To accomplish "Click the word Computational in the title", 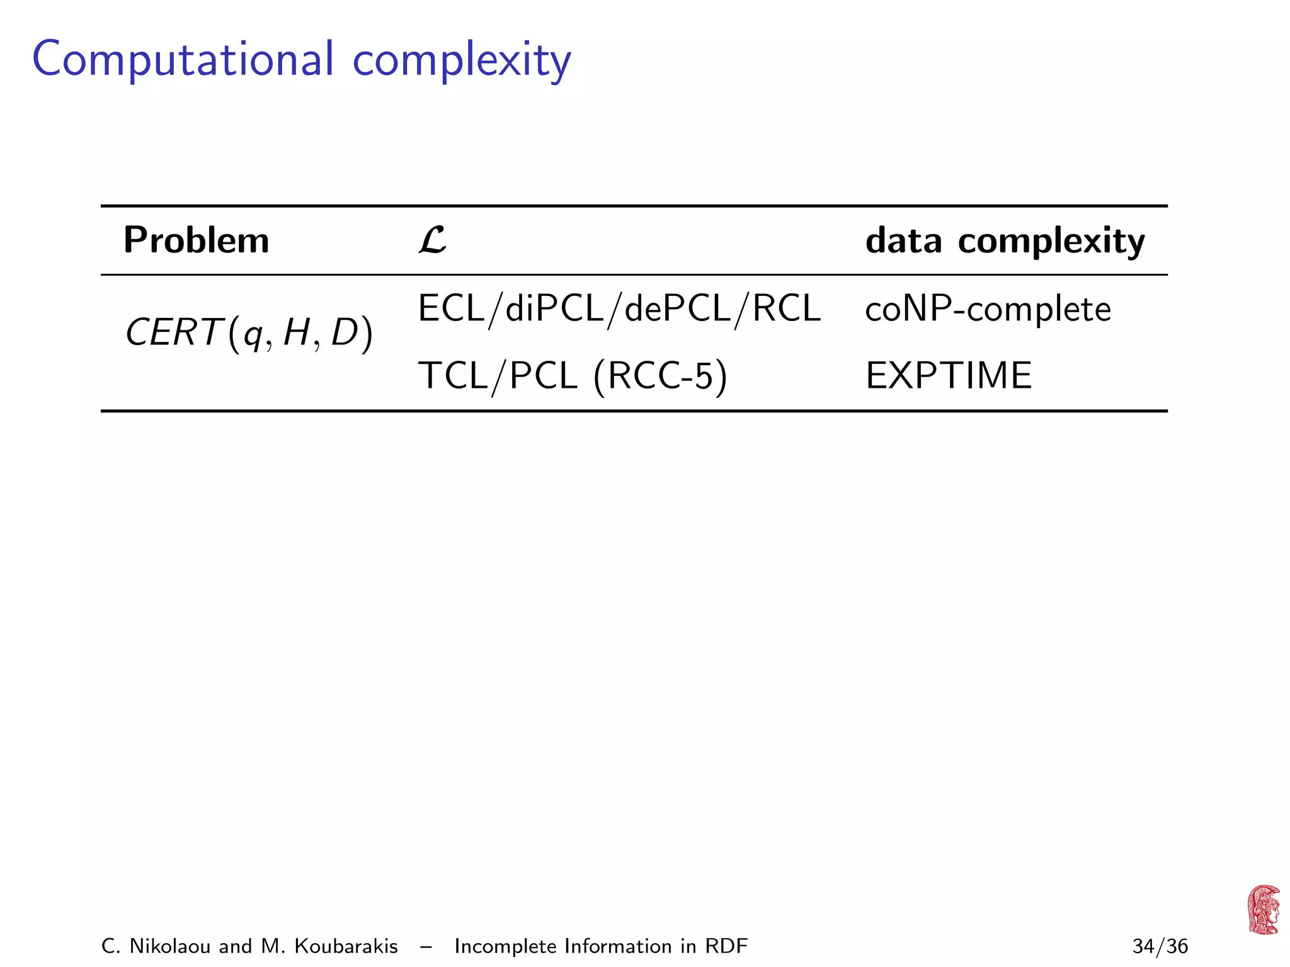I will tap(183, 59).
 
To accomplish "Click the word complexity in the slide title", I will tap(461, 60).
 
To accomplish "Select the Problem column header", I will tap(196, 240).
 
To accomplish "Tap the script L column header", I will tap(432, 240).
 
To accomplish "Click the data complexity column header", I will tap(1005, 240).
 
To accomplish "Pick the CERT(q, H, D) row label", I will tap(249, 333).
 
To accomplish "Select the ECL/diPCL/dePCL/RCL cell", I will tap(619, 308).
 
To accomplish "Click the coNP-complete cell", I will tap(988, 309).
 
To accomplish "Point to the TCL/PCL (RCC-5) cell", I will tap(573, 376).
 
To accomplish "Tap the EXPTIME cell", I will tap(949, 376).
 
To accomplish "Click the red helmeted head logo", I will tap(1263, 910).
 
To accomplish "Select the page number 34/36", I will tap(1160, 946).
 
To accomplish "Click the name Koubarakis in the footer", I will tap(346, 946).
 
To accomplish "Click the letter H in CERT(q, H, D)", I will tap(296, 333).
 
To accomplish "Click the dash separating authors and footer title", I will tap(426, 946).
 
